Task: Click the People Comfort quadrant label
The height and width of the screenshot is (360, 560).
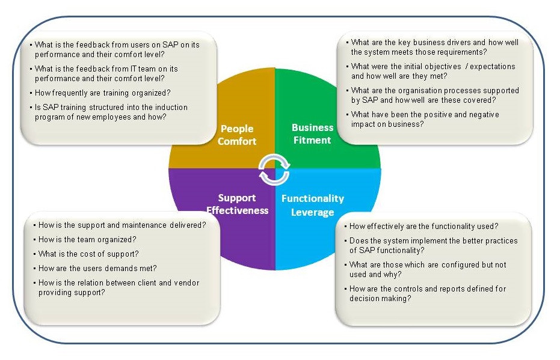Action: pos(237,135)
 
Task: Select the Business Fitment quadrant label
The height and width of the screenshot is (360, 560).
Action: pos(313,134)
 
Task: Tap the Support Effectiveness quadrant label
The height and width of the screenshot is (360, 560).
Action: pos(237,204)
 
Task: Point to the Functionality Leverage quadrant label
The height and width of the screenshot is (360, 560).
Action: pos(313,205)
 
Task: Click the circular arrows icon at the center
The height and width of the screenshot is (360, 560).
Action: pos(274,170)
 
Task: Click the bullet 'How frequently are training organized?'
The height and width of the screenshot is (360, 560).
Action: pos(102,93)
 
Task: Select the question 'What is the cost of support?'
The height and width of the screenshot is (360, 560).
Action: pos(88,254)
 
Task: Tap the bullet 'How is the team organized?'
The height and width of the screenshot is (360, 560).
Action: pos(87,240)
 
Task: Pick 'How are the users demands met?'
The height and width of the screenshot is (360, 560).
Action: pos(97,268)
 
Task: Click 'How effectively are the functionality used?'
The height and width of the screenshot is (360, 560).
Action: pos(423,226)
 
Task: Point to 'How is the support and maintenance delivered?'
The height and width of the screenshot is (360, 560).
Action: pos(122,225)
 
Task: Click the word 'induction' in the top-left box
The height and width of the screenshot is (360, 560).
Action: pos(171,108)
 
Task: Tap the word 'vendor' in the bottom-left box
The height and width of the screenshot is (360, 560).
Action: pos(186,283)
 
